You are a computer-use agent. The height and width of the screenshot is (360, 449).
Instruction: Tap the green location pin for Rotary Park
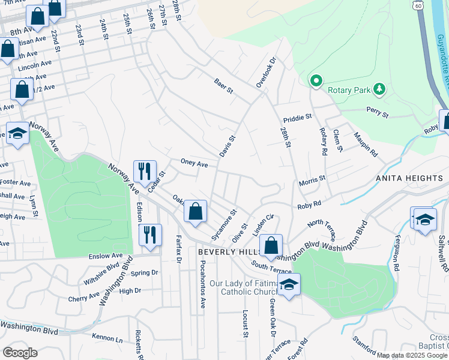(x=315, y=80)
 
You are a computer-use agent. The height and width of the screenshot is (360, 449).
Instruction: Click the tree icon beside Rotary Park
(x=379, y=89)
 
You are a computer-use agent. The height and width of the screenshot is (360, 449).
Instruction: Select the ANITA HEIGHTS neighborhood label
(x=409, y=178)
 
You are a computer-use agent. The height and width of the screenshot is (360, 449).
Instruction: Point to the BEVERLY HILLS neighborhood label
(x=224, y=253)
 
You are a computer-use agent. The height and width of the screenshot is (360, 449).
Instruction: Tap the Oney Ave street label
(x=194, y=163)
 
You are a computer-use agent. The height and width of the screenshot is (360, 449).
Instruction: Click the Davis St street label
(x=228, y=146)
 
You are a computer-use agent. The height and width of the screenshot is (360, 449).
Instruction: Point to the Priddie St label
(x=298, y=117)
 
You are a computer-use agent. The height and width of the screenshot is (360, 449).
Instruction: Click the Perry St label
(x=377, y=112)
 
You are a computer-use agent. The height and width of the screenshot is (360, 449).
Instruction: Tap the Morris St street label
(x=312, y=179)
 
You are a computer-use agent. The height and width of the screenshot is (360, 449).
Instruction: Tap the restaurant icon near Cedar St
(x=144, y=171)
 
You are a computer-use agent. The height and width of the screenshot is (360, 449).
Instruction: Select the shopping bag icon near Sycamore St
(x=195, y=211)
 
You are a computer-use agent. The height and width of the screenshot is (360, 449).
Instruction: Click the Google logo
(x=20, y=352)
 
